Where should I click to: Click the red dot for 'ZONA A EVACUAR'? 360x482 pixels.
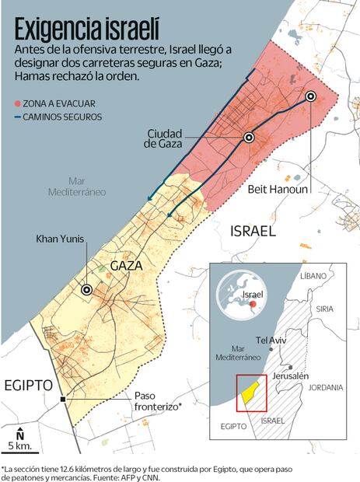(18, 103)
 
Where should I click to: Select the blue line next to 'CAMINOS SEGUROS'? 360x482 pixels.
(18, 117)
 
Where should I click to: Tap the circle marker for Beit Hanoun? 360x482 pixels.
(310, 96)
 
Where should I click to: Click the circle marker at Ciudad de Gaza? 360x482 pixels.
(249, 137)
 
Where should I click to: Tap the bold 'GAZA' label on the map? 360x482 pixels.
(126, 266)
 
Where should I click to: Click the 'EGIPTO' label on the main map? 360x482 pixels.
(26, 385)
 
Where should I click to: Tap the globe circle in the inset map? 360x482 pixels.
(238, 292)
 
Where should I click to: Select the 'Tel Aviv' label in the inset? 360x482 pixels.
(271, 340)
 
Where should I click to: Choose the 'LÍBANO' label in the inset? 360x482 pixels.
(313, 277)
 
